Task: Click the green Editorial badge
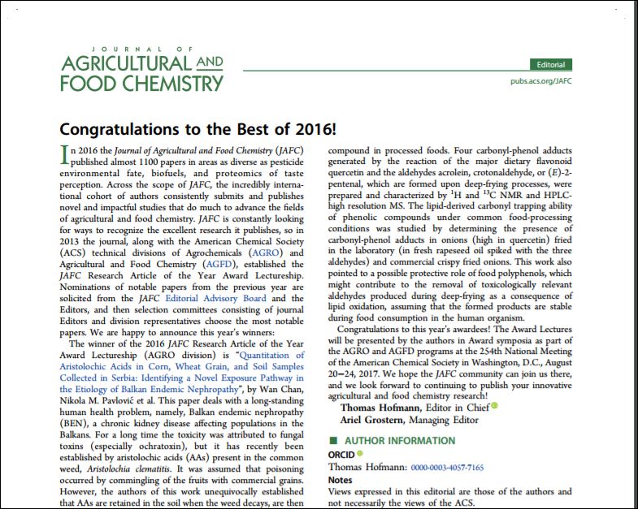(x=550, y=64)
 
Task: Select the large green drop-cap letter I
(x=64, y=155)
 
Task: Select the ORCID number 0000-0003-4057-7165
(x=448, y=468)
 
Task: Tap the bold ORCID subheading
(x=341, y=455)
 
